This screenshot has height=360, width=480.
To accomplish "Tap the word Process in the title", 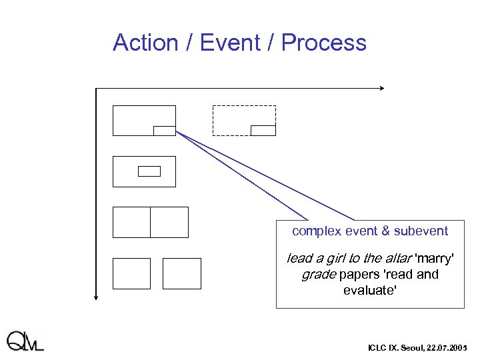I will tap(323, 43).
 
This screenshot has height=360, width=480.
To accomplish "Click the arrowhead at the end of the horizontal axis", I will tap(382, 88).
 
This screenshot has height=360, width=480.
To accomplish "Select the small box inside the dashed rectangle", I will tap(263, 130).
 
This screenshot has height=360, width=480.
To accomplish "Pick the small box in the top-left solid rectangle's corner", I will tap(165, 131).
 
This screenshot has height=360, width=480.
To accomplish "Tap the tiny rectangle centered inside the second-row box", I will tap(149, 171).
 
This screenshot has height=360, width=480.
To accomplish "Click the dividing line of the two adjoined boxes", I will tap(150, 222).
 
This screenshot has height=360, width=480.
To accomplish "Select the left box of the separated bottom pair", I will tap(131, 273).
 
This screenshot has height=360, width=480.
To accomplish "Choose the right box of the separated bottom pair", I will tap(181, 273).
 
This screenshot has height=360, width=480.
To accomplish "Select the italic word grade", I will tap(318, 274).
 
